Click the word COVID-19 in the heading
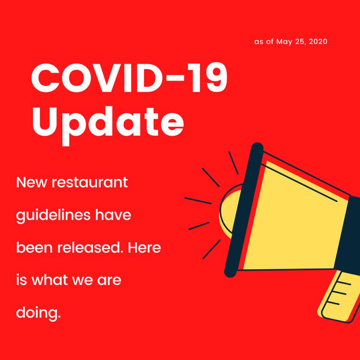[x=129, y=78]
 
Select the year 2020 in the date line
[x=318, y=42]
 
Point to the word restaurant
[x=90, y=183]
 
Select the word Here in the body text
[x=144, y=248]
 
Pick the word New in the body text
[x=31, y=183]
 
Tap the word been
[x=34, y=248]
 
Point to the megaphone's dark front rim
[x=244, y=210]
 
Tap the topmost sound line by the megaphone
[x=233, y=163]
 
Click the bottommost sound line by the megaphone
[x=211, y=249]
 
